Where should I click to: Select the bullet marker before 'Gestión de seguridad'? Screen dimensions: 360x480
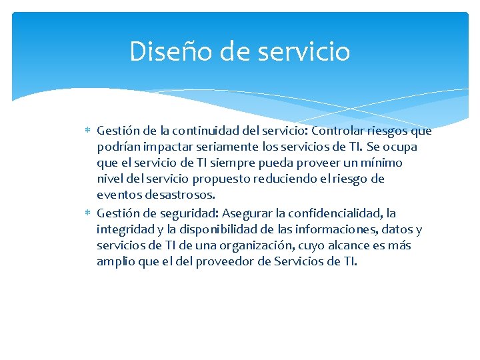click(x=89, y=213)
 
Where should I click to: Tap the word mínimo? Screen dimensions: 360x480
click(x=381, y=163)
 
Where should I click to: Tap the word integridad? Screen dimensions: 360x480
click(x=124, y=229)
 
